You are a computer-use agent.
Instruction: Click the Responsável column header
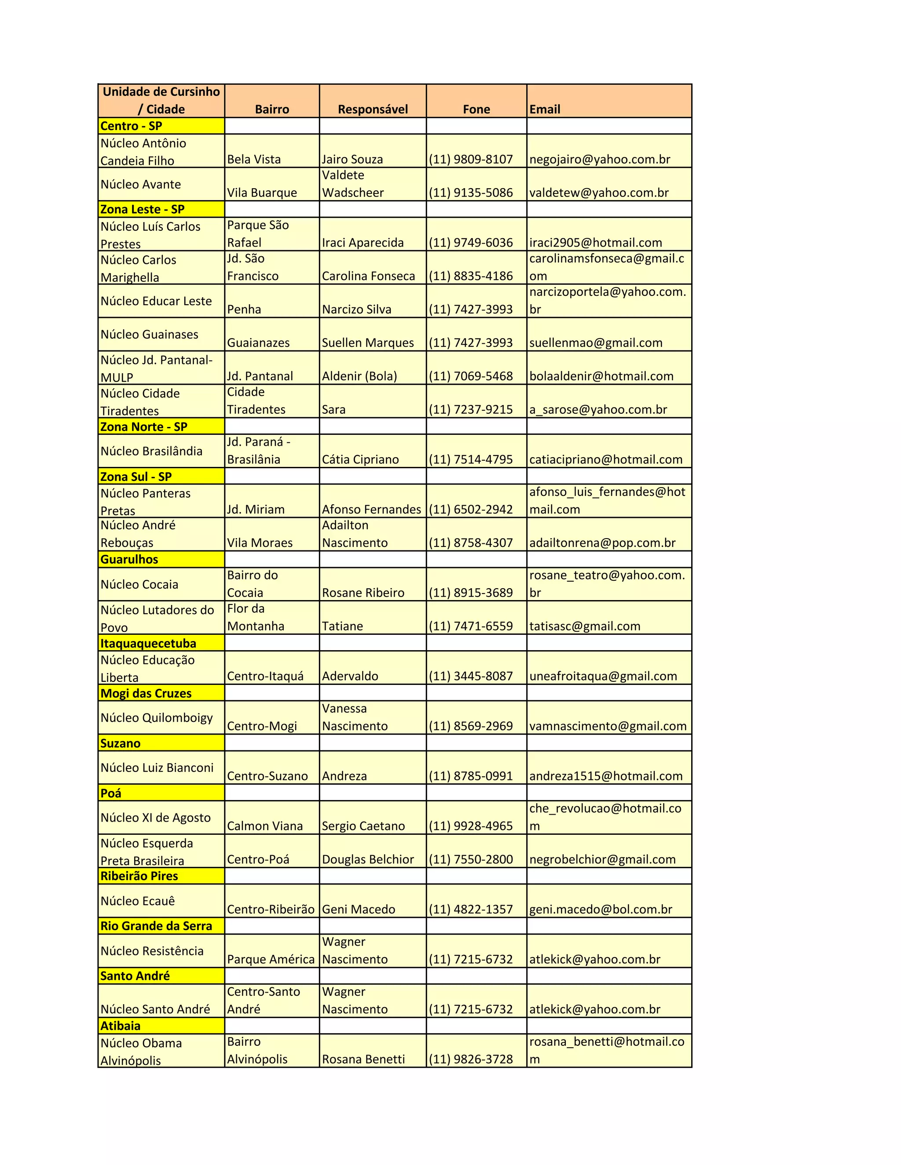coord(373,109)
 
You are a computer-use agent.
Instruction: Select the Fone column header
coord(476,109)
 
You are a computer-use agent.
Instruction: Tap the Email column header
coord(545,109)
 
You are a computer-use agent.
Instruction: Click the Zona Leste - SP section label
coord(143,209)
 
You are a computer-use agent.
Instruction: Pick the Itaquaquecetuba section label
coord(148,643)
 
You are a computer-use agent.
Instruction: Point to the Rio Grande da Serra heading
coord(156,926)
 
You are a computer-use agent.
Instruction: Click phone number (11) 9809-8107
coord(471,160)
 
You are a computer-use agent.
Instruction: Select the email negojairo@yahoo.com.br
coord(600,160)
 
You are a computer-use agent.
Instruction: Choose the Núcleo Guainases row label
coord(150,335)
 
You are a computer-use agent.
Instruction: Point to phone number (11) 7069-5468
coord(471,376)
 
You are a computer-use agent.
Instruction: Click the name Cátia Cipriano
coord(360,460)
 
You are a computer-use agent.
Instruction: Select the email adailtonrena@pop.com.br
coord(602,543)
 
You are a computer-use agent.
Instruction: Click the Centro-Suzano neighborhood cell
coord(267,776)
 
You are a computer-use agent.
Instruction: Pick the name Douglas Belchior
coord(368,859)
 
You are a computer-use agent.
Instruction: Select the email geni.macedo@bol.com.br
coord(601,910)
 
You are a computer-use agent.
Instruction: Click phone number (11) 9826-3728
coord(471,1059)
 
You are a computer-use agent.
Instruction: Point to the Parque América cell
coord(271,960)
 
